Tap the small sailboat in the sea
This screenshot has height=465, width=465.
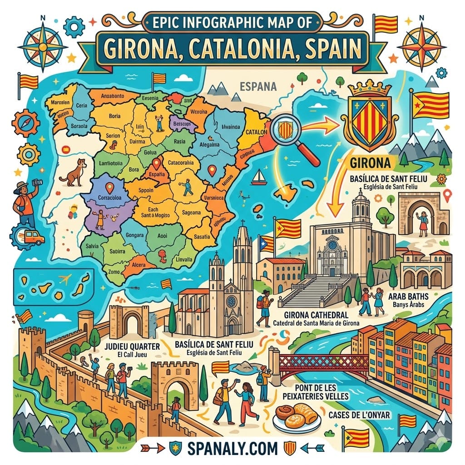pyautogui.click(x=259, y=177)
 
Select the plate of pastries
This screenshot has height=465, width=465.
pyautogui.click(x=297, y=416)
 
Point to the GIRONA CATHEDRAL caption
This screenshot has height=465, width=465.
pyautogui.click(x=316, y=315)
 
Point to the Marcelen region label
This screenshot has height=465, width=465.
pyautogui.click(x=60, y=102)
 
